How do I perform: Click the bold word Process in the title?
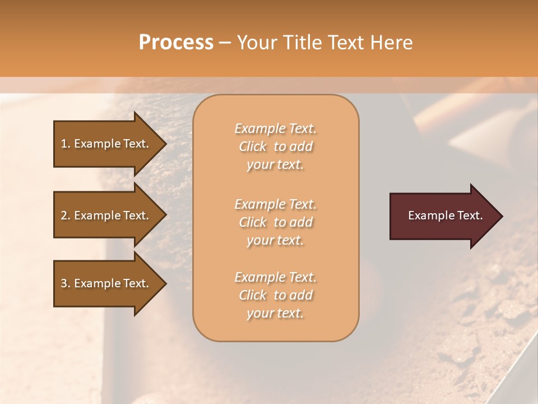pyautogui.click(x=176, y=43)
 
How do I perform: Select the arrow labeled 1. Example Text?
pyautogui.click(x=106, y=144)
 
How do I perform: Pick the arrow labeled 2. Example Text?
pyautogui.click(x=106, y=215)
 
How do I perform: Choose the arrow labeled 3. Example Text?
pyautogui.click(x=106, y=283)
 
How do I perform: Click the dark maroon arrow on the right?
pyautogui.click(x=443, y=215)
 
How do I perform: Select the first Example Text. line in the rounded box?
pyautogui.click(x=275, y=128)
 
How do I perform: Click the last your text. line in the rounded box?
pyautogui.click(x=275, y=313)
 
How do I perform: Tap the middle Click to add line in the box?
pyautogui.click(x=275, y=222)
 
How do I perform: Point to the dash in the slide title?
pyautogui.click(x=225, y=43)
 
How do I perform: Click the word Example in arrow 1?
pyautogui.click(x=96, y=144)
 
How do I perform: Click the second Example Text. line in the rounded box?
pyautogui.click(x=275, y=204)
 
